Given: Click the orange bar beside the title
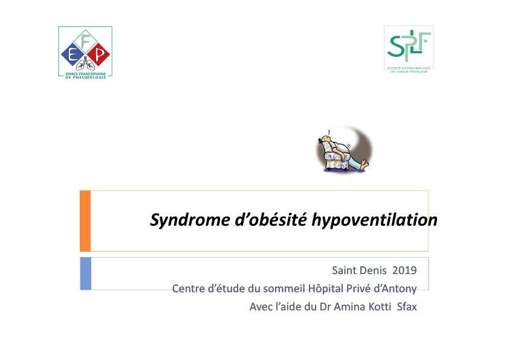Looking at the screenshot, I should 85,221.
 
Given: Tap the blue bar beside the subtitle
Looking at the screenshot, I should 86,273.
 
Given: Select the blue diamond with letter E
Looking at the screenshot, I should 73,56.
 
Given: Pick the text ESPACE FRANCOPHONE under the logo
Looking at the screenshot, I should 85,74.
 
